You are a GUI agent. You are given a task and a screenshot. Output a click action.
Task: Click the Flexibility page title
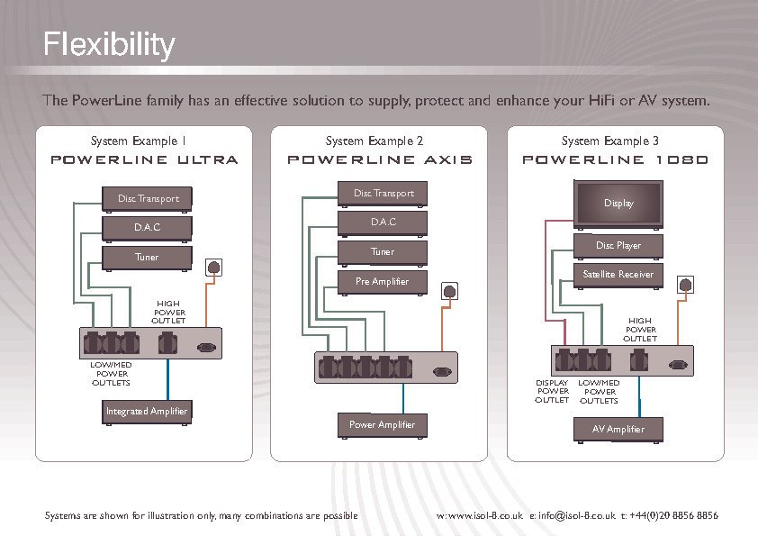[109, 44]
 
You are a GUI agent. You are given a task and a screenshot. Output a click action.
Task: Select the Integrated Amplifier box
[147, 412]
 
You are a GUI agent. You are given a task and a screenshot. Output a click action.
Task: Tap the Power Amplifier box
[383, 425]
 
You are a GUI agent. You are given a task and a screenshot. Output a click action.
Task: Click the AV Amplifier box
[618, 430]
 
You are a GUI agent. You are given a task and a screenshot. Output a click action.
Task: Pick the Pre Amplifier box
[383, 282]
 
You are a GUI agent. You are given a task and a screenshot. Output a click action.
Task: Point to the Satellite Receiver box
[618, 274]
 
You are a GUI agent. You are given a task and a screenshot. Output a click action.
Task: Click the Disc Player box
[618, 246]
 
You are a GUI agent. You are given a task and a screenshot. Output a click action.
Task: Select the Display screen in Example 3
[618, 203]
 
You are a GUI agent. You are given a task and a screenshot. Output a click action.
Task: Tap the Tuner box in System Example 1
[147, 258]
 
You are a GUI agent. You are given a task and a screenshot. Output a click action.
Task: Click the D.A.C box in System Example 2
[383, 222]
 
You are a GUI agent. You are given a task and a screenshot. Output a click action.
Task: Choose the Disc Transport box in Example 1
[148, 198]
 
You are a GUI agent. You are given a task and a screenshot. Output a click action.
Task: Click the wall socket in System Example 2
[449, 291]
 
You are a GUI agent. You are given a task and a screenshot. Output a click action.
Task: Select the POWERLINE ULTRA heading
[144, 160]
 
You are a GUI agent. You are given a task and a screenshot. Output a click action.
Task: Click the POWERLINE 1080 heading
[616, 160]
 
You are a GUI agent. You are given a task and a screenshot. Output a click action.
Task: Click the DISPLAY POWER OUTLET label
[552, 392]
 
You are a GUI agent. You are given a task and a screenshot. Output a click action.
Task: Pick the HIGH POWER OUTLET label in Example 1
[168, 312]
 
